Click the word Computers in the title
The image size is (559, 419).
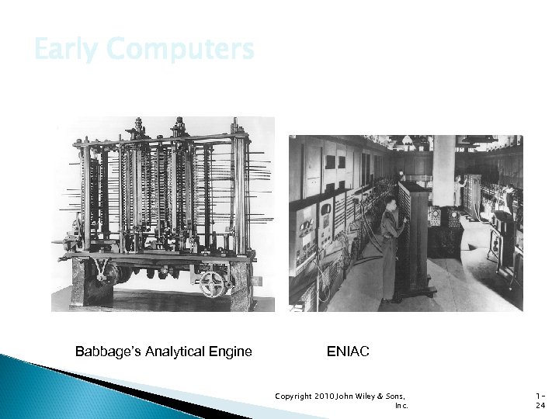tap(180, 50)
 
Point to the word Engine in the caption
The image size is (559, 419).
tap(231, 351)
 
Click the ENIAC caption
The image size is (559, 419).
tap(349, 351)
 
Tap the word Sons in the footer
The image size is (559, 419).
tap(397, 396)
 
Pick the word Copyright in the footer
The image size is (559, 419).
tap(293, 396)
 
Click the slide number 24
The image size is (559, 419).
tap(541, 405)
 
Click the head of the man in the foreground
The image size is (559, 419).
tap(391, 204)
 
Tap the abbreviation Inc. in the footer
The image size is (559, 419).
tap(401, 405)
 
